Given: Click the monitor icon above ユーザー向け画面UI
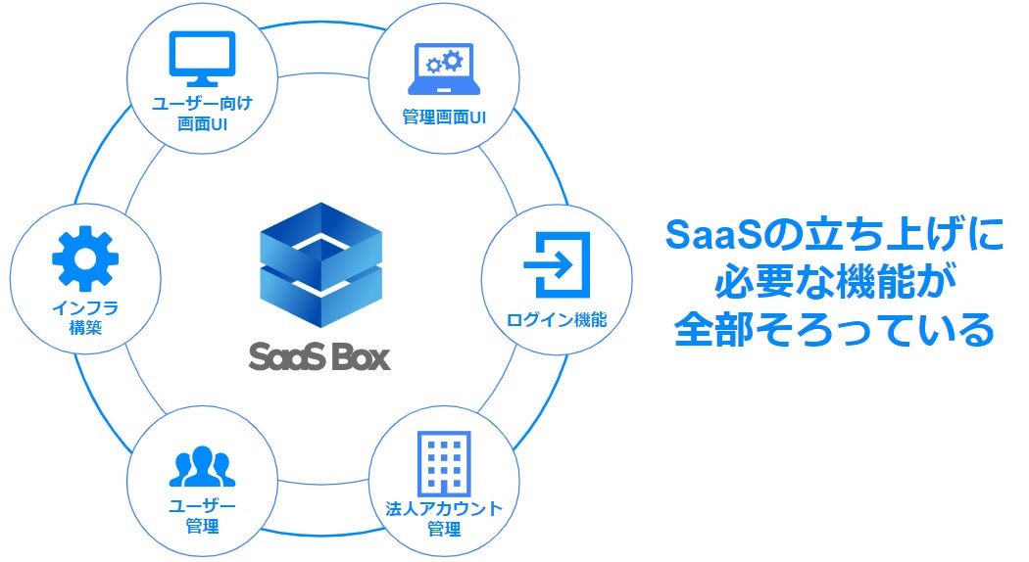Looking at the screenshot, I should coord(203,60).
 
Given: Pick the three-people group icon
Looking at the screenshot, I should coord(203,467).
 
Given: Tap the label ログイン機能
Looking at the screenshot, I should coord(557,319).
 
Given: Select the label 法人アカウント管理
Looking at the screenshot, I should coord(444,518).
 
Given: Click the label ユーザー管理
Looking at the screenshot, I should coord(203,515).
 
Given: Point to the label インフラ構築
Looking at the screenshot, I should coord(85,317).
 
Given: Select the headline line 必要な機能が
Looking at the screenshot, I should coord(834,284).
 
